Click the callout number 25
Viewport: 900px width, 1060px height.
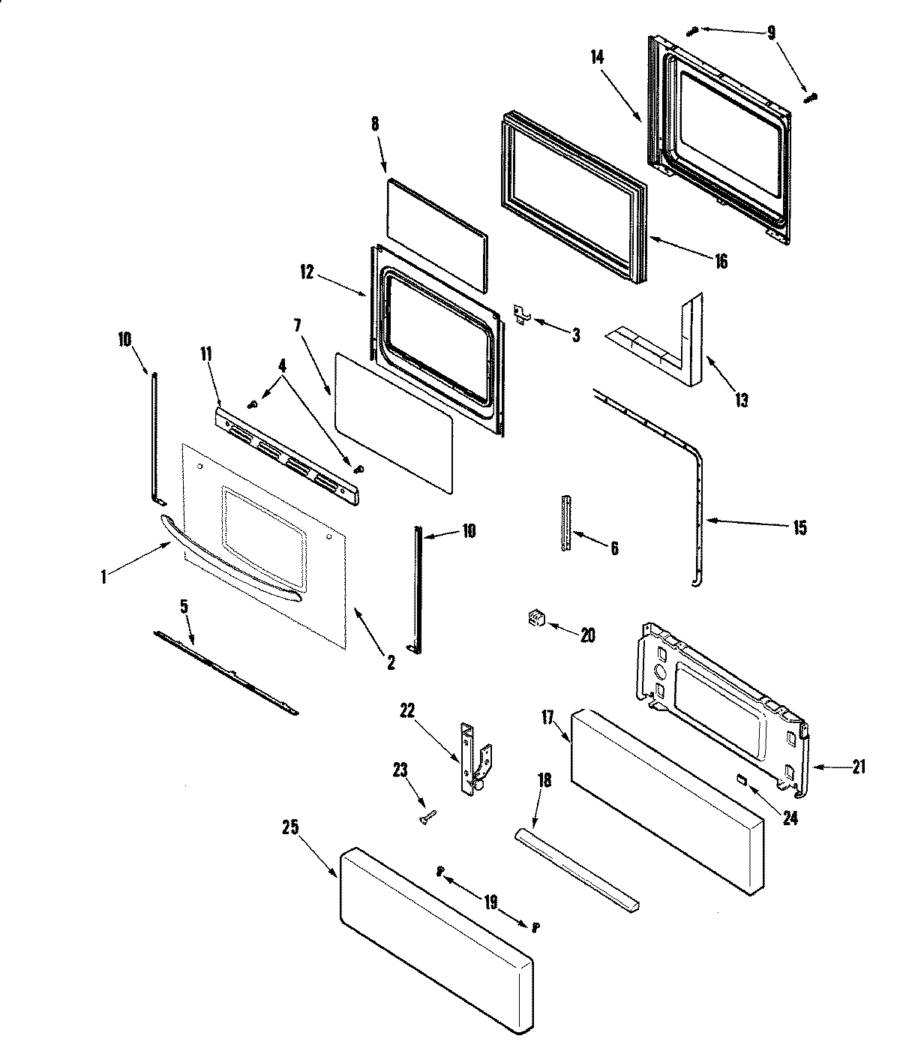[290, 827]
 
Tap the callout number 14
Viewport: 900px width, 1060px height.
[597, 56]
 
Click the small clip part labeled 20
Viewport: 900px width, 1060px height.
[534, 619]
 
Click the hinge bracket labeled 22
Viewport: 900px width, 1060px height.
[470, 759]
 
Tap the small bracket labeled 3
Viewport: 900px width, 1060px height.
[522, 314]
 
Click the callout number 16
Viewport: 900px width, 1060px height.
[720, 261]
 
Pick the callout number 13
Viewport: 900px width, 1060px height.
[741, 400]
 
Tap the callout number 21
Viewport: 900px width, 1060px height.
[858, 767]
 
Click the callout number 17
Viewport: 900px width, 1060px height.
[547, 719]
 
